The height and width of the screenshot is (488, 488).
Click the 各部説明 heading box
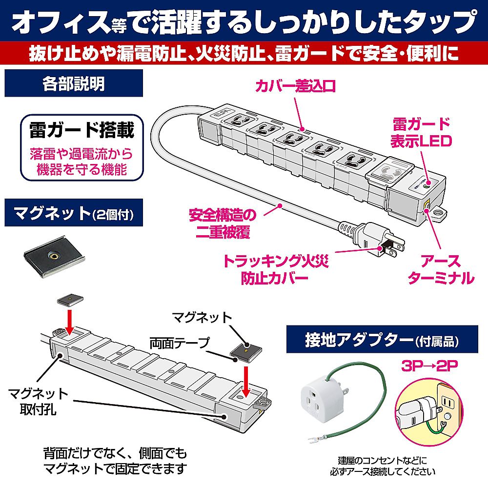click(x=73, y=83)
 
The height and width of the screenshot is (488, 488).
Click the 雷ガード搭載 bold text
click(x=81, y=130)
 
